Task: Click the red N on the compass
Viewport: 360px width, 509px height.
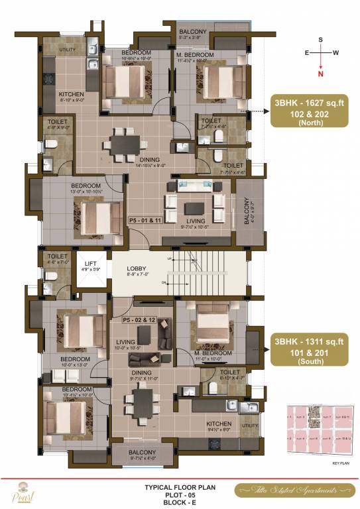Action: tap(321, 74)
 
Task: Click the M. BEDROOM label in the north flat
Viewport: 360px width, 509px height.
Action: tap(195, 54)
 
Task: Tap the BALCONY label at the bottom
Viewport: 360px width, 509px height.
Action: tap(143, 453)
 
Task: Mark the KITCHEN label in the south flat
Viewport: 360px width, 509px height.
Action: tap(219, 424)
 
